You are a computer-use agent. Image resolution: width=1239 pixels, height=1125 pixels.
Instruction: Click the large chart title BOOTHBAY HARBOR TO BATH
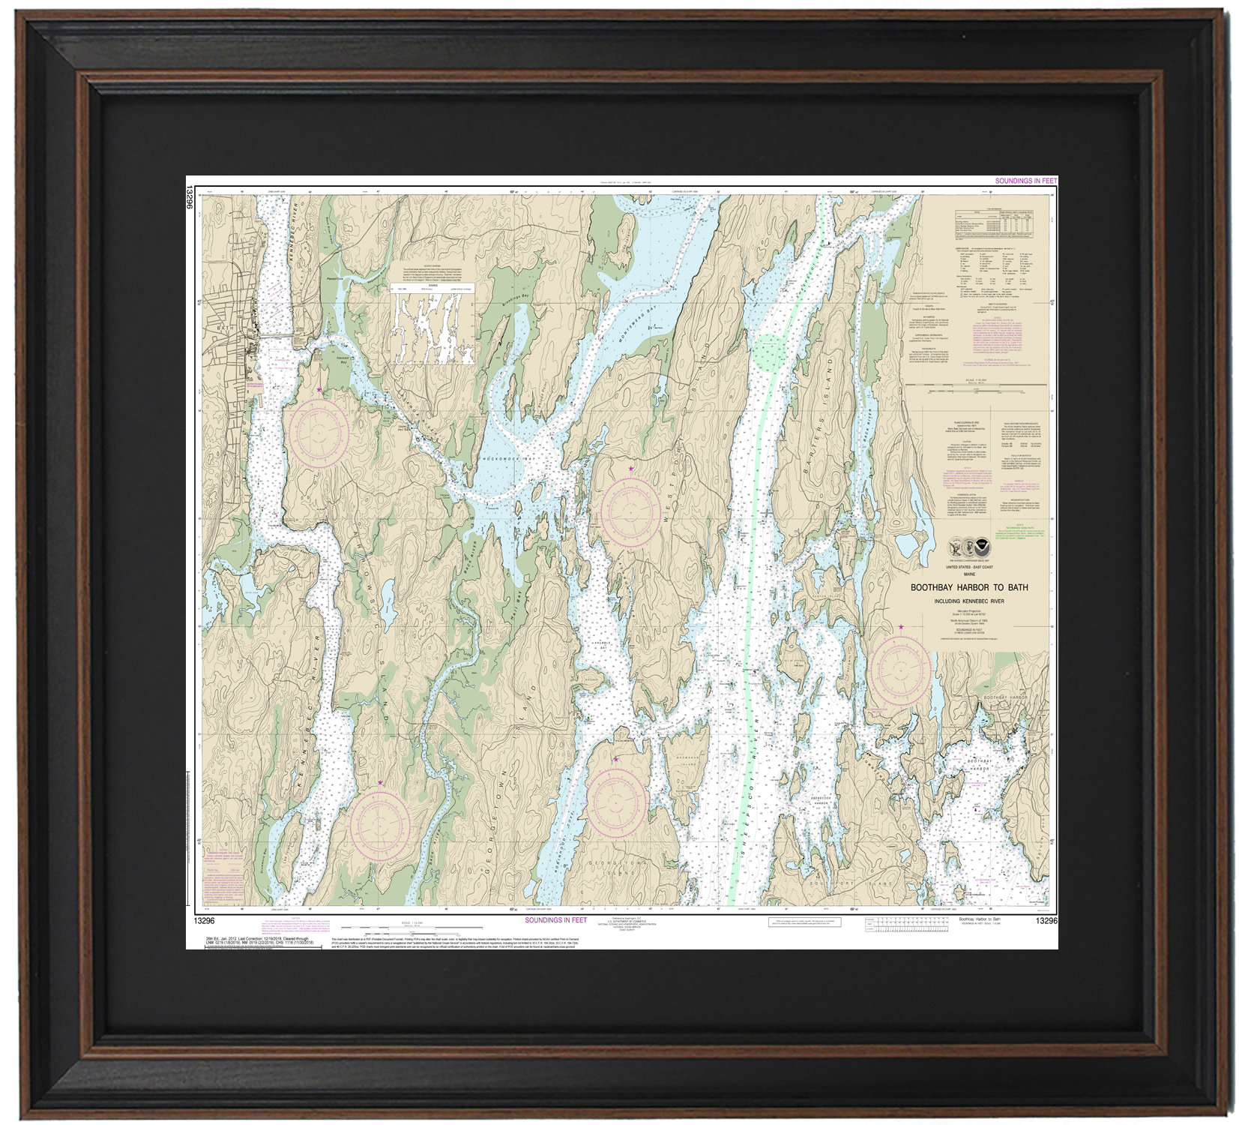pos(969,588)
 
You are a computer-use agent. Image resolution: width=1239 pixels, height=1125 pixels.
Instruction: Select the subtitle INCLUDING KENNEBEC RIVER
pos(970,601)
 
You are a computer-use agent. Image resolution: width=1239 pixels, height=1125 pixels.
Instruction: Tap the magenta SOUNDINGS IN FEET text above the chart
pos(1025,181)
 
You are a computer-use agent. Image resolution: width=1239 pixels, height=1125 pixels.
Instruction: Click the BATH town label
pos(219,328)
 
